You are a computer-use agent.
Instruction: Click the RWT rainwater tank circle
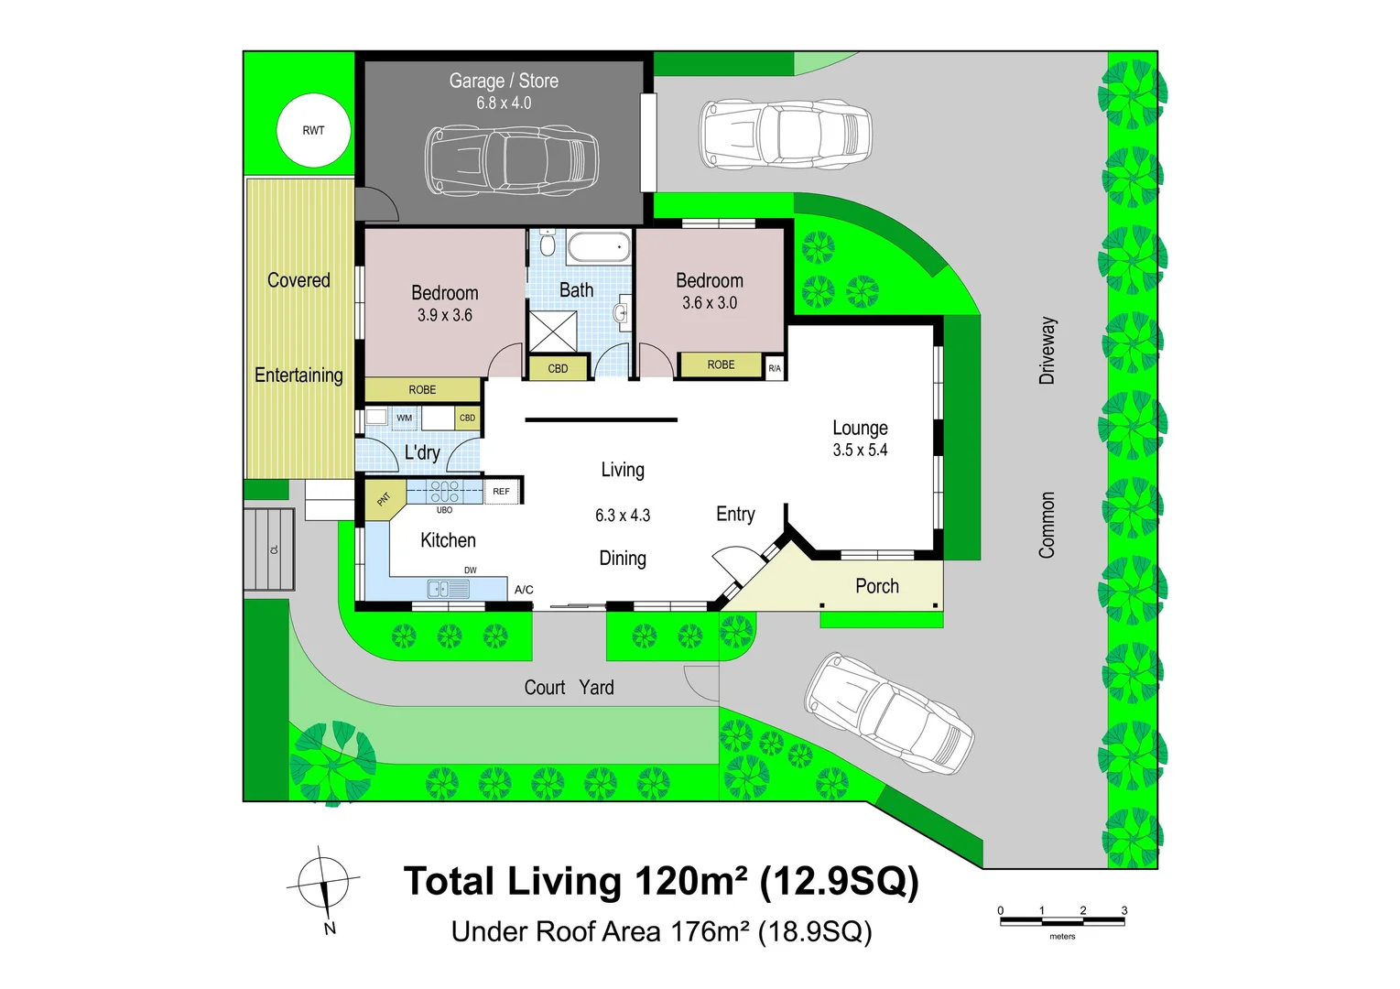coord(313,130)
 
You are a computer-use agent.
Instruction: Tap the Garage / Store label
coord(504,81)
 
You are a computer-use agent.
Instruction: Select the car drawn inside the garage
coord(511,159)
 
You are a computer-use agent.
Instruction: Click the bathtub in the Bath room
coord(599,247)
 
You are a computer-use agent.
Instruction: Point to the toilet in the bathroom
coord(548,244)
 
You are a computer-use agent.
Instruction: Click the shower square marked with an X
coord(553,332)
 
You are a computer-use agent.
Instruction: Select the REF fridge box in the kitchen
coord(501,492)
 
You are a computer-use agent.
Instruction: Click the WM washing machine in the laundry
coord(404,418)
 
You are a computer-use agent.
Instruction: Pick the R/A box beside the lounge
coord(775,368)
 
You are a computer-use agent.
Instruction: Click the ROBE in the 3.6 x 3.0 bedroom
coord(721,365)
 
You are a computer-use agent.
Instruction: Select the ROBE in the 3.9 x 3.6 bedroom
coord(422,389)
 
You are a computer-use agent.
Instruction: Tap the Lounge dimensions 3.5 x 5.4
coord(860,450)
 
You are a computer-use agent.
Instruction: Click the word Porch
coord(877,586)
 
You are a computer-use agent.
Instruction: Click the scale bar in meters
coord(1062,921)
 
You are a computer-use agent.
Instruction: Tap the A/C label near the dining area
coord(524,590)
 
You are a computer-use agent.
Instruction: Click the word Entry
coord(735,514)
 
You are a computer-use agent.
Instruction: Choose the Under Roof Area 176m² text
coord(661,931)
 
